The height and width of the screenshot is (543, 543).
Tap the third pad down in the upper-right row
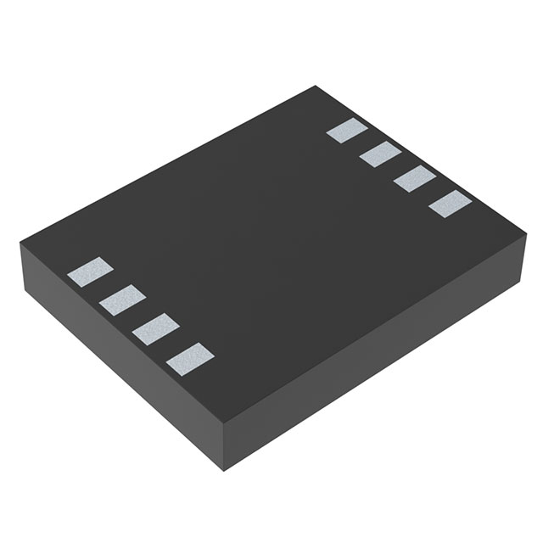[415, 179]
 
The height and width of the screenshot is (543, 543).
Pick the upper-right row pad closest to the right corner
[450, 204]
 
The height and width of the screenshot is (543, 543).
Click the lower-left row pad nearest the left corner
[90, 271]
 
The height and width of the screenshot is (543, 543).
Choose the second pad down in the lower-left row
[122, 299]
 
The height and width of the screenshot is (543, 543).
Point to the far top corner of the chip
[316, 86]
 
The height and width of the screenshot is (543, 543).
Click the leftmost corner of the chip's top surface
[20, 244]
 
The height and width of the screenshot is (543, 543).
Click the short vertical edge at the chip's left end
[20, 267]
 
